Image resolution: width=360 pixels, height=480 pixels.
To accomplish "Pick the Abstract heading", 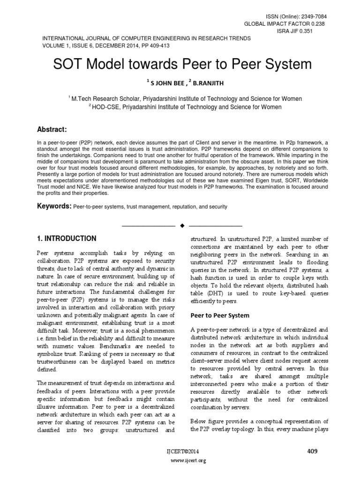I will click(x=52, y=129).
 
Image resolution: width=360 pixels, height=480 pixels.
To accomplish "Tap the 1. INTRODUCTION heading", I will click(x=67, y=239).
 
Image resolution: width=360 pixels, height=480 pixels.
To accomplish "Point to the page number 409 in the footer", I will click(x=312, y=451).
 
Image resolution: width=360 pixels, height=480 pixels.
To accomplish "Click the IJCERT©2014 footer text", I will click(x=180, y=452).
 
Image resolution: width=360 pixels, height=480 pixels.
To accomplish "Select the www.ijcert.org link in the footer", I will click(x=180, y=461).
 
